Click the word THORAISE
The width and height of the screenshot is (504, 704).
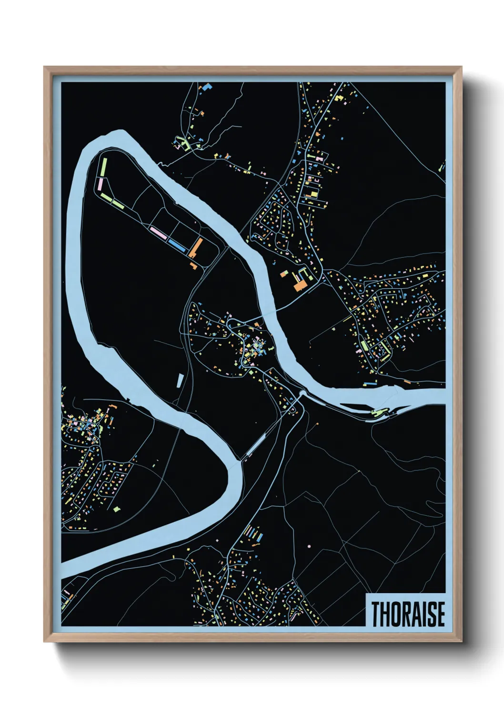pos(408,614)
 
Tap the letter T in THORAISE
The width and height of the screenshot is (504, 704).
pos(375,614)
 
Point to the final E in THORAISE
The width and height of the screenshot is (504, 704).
pos(440,614)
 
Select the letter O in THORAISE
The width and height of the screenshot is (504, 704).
pos(396,614)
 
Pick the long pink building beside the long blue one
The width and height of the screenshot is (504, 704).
pos(158,232)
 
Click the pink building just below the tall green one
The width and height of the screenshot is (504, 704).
pos(101,184)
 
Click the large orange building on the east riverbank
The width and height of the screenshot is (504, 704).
pos(300,285)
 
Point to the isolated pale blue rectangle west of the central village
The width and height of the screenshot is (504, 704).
pos(180,380)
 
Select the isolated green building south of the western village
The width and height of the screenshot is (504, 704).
pos(117,509)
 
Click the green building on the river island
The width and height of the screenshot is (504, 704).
pos(379,412)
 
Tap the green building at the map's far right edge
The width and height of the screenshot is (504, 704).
pos(443,166)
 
